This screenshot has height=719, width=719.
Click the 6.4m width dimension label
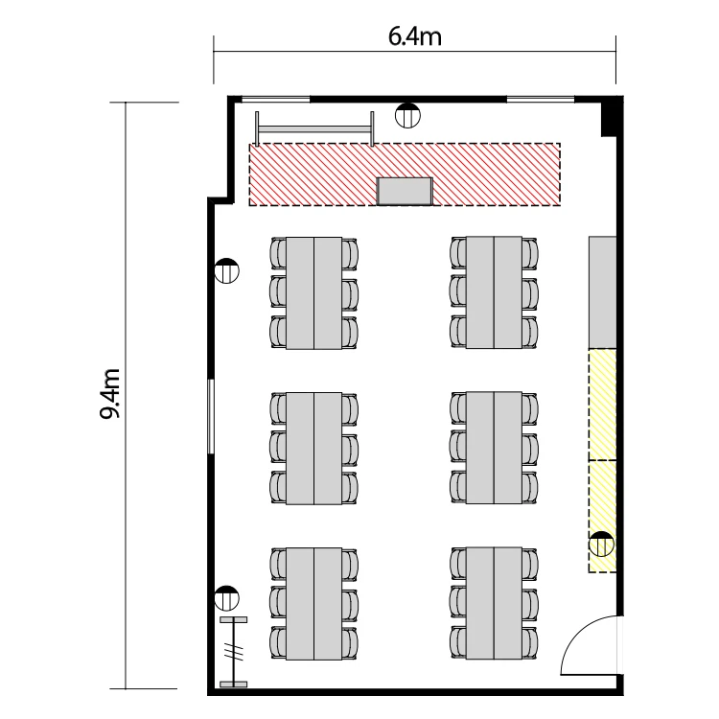pyautogui.click(x=414, y=36)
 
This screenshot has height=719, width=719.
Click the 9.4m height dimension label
pyautogui.click(x=110, y=393)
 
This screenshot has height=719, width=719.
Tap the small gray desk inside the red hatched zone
pyautogui.click(x=405, y=191)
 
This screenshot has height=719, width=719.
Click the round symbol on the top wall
pyautogui.click(x=407, y=115)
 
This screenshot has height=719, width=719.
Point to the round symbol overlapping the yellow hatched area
pyautogui.click(x=601, y=545)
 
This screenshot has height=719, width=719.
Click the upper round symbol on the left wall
pyautogui.click(x=227, y=270)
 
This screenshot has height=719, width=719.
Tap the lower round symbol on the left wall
pyautogui.click(x=227, y=598)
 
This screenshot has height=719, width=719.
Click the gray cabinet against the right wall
pyautogui.click(x=603, y=292)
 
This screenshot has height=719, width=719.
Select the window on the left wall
pyautogui.click(x=211, y=416)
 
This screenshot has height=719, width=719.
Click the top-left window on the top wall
pyautogui.click(x=275, y=99)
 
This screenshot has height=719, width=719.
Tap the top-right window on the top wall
pyautogui.click(x=541, y=99)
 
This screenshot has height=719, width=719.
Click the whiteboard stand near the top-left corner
pyautogui.click(x=314, y=128)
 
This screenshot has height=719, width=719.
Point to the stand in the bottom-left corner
pyautogui.click(x=233, y=652)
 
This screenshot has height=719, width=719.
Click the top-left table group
pyautogui.click(x=314, y=293)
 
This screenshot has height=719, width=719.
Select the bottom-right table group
pyautogui.click(x=494, y=603)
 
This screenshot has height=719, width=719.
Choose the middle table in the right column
pyautogui.click(x=494, y=448)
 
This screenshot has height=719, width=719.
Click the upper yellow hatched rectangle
pyautogui.click(x=603, y=405)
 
